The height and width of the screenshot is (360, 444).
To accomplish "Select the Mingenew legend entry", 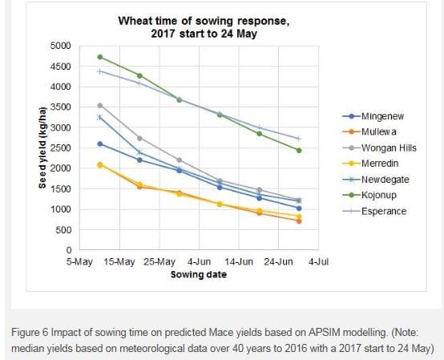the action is coord(373,116).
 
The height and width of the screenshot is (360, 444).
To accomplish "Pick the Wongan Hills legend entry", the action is coord(379,148).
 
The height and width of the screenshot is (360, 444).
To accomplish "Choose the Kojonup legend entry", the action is coord(369,195).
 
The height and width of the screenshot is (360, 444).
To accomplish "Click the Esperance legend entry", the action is coord(374,211).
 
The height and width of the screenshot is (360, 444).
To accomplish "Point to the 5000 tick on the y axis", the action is coord(60,46).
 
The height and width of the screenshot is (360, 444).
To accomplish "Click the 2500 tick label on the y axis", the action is coord(60,148).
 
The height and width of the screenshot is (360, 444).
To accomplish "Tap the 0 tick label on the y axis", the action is coord(69,250).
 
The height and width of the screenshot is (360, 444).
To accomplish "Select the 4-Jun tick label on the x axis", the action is coord(199,261).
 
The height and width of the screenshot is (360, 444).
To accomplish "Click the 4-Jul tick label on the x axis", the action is coord(318,261).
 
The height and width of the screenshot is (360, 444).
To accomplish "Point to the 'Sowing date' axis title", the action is coord(199,274).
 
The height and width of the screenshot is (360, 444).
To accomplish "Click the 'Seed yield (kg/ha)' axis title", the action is coord(42,148).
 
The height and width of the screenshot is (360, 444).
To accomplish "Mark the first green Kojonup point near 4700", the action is coord(100,57).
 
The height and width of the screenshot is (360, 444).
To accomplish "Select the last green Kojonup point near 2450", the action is coord(299,151).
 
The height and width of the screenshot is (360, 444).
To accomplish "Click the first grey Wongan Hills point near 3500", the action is coord(100,106).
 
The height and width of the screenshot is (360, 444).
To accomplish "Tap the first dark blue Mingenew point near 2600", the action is coord(100,144).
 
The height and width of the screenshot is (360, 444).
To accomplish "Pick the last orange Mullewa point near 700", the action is coord(299,221).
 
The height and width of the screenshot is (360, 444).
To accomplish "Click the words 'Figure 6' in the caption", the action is coord(30,332).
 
